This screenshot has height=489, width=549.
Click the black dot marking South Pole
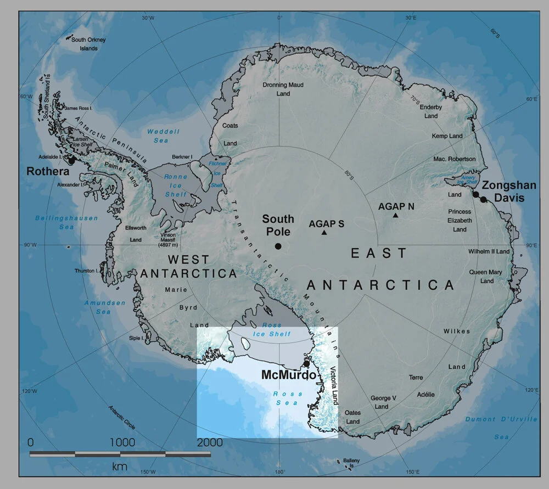tap(278, 246)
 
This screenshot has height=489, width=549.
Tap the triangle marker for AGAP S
tap(324, 233)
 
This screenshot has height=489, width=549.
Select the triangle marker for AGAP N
tap(395, 215)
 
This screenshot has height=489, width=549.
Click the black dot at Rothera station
tap(71, 160)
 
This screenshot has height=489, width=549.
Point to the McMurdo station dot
tap(306, 364)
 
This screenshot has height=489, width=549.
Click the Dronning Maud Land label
tap(283, 89)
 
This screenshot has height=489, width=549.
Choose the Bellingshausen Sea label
tap(54, 222)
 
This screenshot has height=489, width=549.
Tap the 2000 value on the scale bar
tap(210, 442)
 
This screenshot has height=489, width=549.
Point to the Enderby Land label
tap(431, 111)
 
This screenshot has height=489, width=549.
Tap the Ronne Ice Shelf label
tap(176, 186)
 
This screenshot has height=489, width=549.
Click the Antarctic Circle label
tap(122, 418)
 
